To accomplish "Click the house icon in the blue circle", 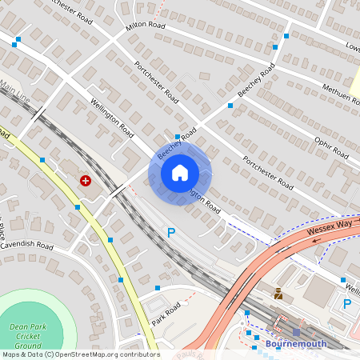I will pos(179,173).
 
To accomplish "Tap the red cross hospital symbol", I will pos(85,182).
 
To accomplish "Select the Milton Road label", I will pos(145,26).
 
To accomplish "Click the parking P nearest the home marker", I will pos(170,233).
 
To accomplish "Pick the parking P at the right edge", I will pos(347,304).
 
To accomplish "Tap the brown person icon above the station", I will pos(278,294).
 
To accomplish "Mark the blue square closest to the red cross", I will pos(77,206).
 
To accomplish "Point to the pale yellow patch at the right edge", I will pos(355,80).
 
